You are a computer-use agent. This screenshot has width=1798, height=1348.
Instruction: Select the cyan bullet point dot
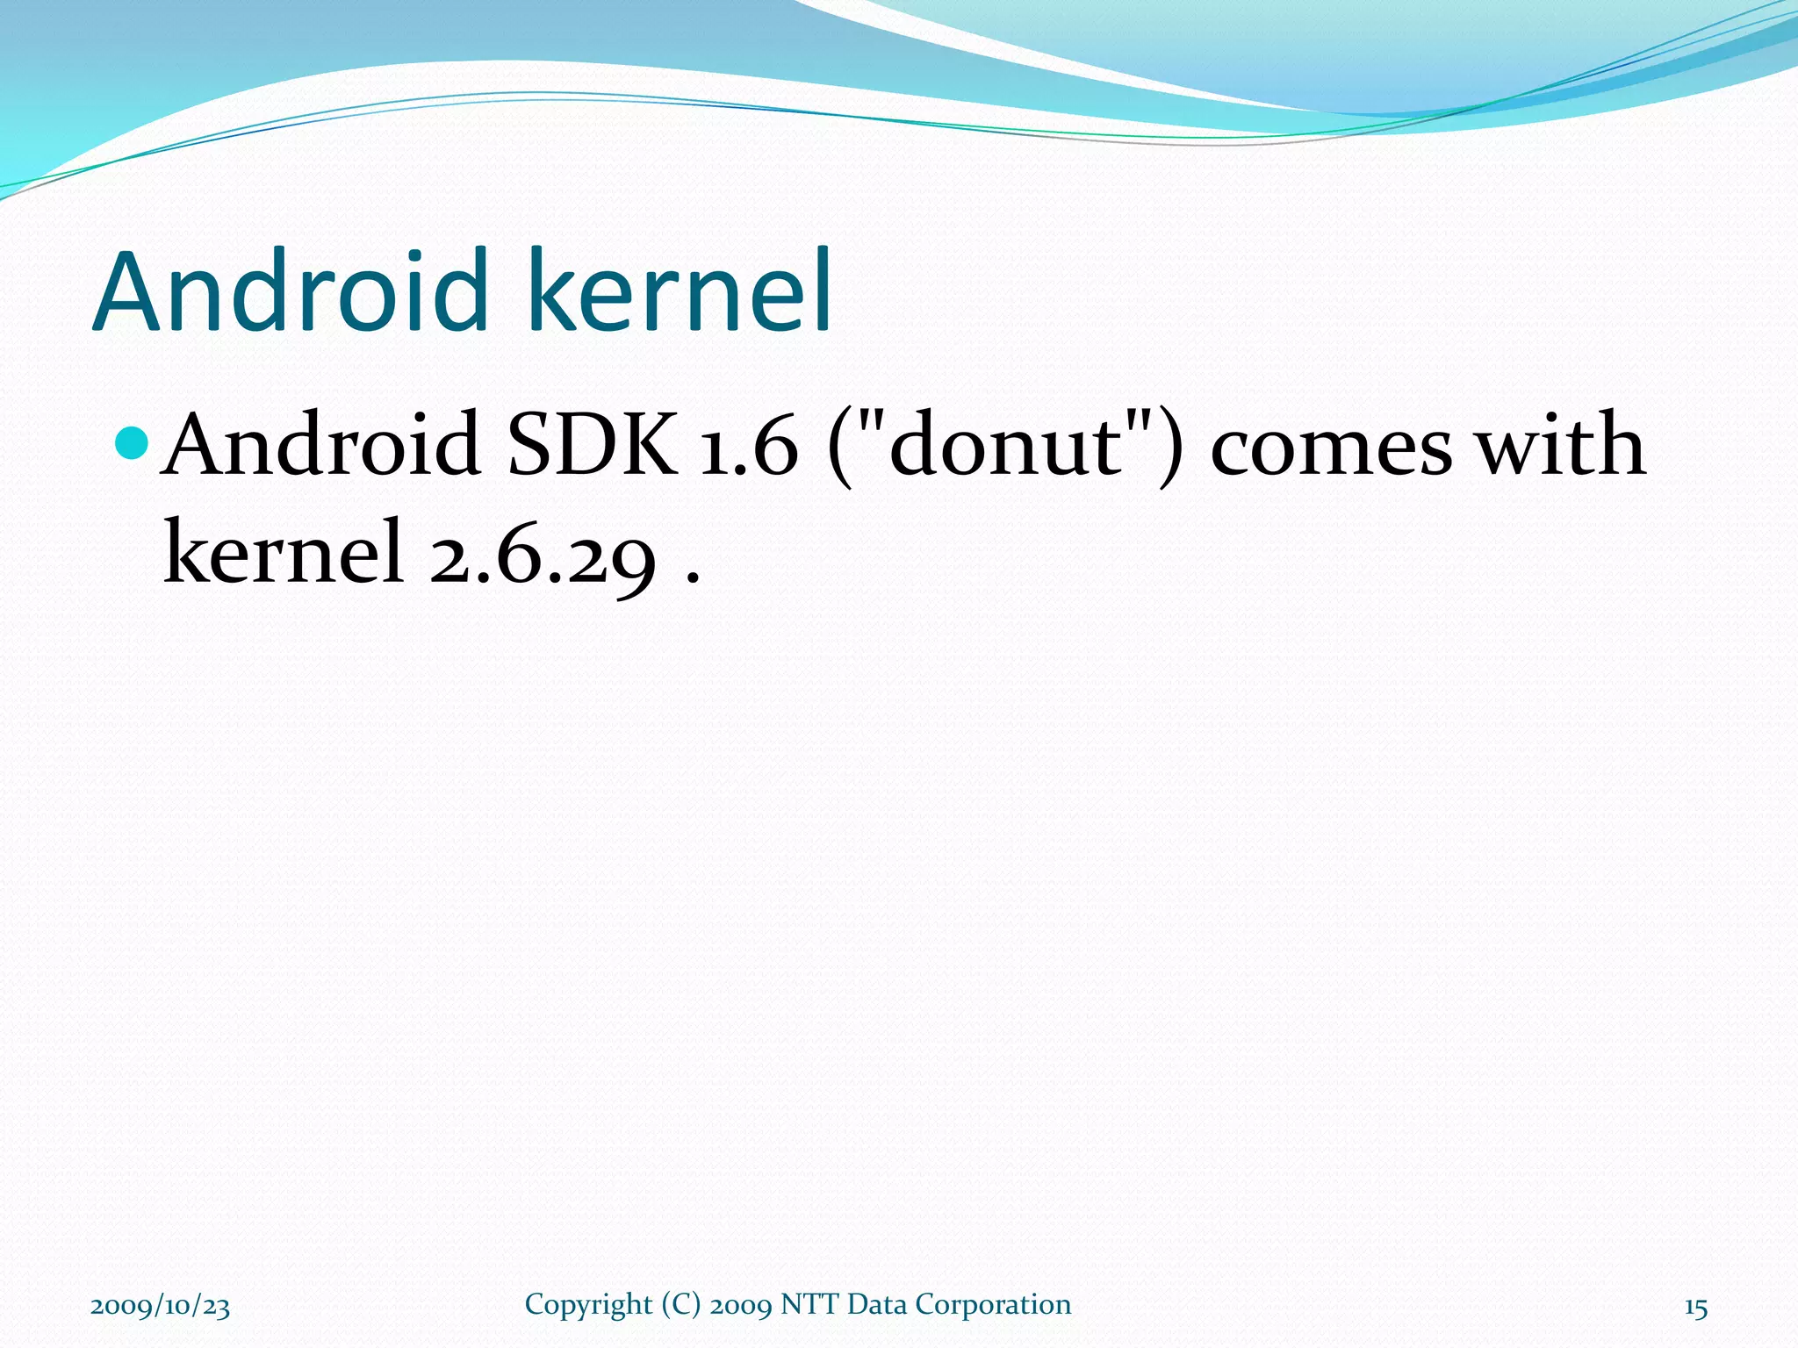(x=133, y=442)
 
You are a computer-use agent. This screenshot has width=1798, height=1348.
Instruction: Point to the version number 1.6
(x=749, y=447)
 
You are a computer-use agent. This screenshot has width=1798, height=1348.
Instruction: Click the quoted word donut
(x=1007, y=445)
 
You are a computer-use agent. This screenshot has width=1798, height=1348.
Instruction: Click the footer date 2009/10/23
(x=161, y=1307)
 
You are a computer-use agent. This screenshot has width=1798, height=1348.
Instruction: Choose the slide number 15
(x=1695, y=1308)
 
